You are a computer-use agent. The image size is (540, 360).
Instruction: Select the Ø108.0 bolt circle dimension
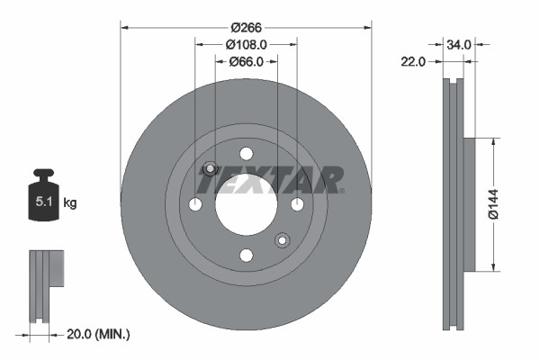246,44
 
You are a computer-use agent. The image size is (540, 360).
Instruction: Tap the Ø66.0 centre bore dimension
246,62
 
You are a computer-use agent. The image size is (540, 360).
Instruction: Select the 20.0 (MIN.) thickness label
100,334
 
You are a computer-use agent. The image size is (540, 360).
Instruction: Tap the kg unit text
70,203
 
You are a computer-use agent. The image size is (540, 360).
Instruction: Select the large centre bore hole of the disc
246,204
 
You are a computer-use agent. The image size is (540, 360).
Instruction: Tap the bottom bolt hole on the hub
246,256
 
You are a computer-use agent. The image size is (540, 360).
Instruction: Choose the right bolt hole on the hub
297,204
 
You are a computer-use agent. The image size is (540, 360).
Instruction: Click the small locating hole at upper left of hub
211,168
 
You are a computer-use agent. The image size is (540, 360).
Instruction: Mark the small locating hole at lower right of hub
282,239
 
